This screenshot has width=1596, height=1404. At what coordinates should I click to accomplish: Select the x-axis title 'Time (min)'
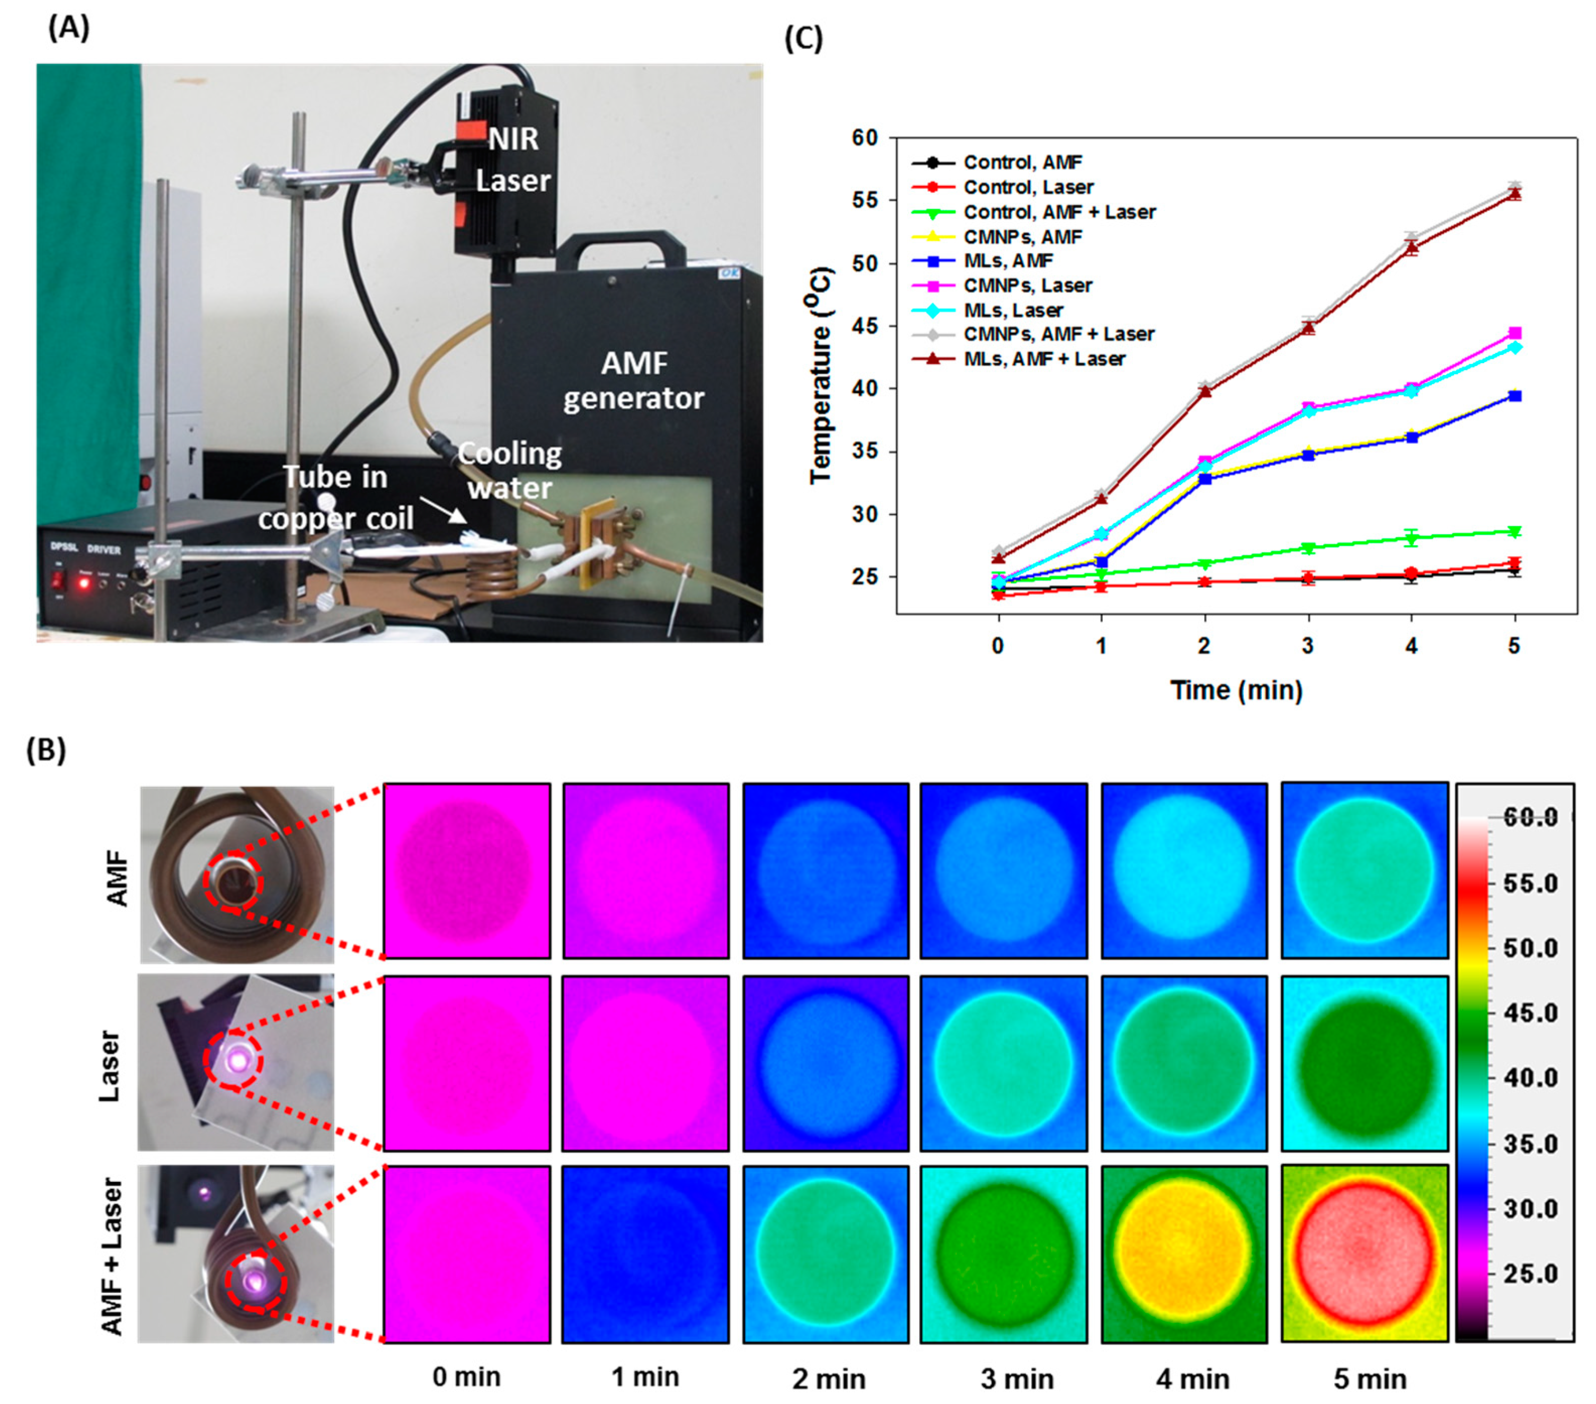tap(1236, 690)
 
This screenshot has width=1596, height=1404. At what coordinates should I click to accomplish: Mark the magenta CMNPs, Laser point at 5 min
tap(1514, 333)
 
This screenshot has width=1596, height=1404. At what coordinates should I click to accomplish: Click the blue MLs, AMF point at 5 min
tap(1514, 396)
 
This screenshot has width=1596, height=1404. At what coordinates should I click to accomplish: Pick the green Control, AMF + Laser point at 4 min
tap(1411, 537)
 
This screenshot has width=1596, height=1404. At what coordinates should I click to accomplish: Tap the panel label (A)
tap(69, 28)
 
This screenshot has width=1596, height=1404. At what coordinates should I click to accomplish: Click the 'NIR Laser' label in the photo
tap(513, 160)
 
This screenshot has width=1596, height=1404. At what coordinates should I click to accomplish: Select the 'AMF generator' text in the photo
tap(633, 381)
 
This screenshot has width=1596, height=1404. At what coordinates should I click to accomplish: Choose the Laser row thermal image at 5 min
tap(1364, 1063)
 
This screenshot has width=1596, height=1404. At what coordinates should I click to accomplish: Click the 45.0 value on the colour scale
tap(1530, 1013)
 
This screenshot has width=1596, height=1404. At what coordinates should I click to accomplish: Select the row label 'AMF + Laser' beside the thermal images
tap(112, 1257)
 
